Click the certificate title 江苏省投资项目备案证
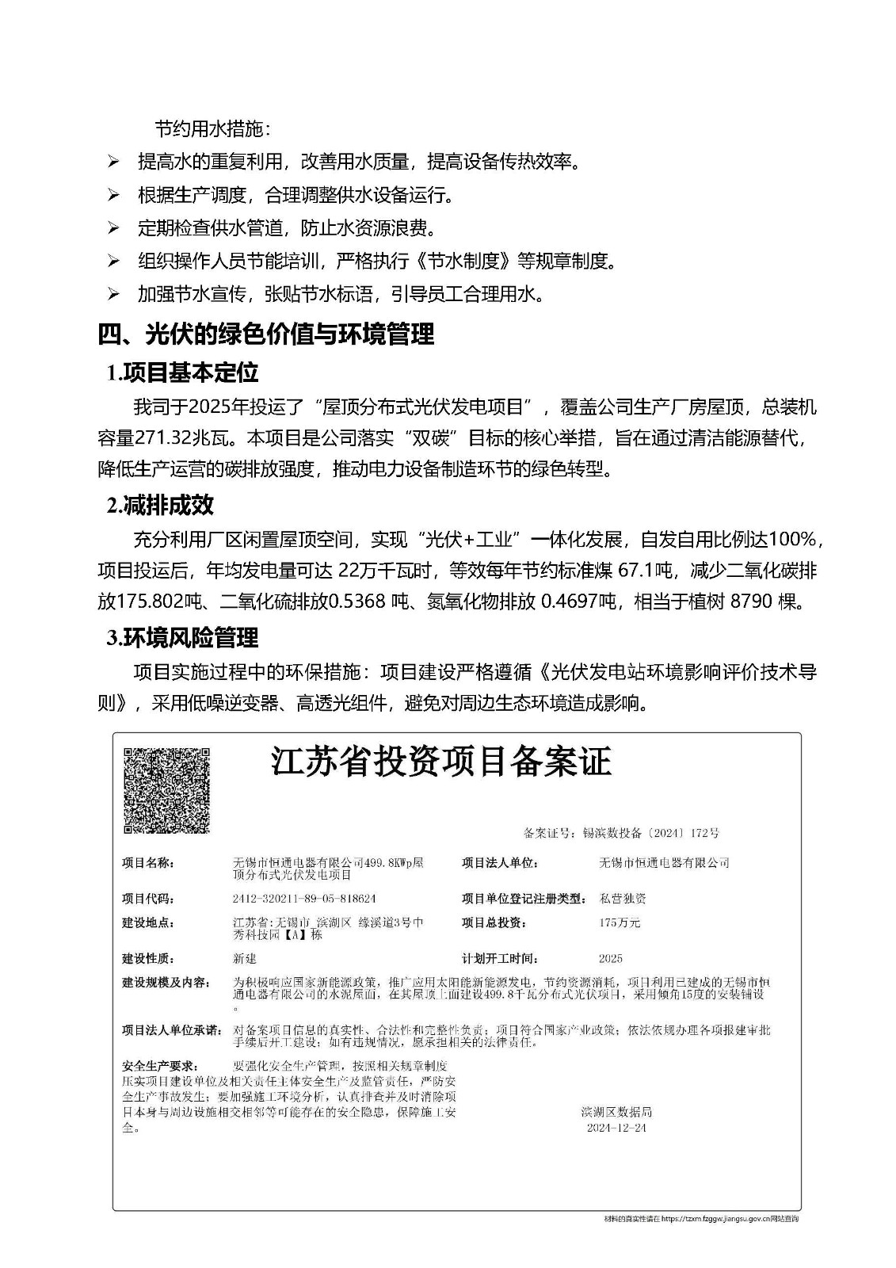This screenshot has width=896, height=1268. tap(441, 762)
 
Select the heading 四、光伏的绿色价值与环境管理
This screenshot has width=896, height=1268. tap(266, 334)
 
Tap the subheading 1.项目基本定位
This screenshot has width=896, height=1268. tap(183, 372)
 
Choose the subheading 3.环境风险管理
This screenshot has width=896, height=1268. tap(183, 637)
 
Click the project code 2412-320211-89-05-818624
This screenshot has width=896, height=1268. tap(304, 899)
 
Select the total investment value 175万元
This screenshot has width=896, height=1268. tap(620, 922)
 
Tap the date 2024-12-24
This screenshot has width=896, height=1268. tap(616, 1128)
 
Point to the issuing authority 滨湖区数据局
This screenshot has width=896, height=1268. tap(616, 1112)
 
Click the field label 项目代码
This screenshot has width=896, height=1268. tap(148, 899)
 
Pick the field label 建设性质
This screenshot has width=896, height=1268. tap(148, 958)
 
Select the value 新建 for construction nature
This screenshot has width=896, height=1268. tap(246, 958)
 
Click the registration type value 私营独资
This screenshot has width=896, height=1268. tap(623, 899)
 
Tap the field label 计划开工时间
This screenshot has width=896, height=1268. tap(499, 958)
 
